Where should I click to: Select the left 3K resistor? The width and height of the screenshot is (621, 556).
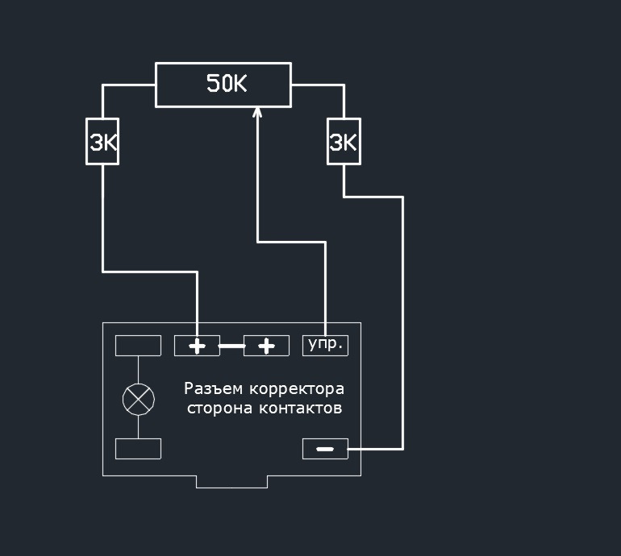coord(102,142)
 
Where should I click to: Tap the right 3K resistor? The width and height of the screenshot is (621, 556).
coord(344,142)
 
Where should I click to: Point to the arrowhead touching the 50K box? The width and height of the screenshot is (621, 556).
coord(257,114)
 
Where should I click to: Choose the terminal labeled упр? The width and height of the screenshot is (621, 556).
coord(325,345)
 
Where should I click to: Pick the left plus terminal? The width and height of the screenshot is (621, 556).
coord(197,346)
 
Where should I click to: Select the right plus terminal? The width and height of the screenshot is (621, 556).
coord(266,346)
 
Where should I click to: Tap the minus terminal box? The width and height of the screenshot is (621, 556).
coord(325,449)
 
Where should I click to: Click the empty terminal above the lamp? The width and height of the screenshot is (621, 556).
coord(138,345)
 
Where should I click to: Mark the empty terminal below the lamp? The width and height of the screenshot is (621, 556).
coord(138,449)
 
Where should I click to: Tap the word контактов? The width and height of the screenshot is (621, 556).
coord(301,409)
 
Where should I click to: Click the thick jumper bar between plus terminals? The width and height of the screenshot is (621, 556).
coord(231,346)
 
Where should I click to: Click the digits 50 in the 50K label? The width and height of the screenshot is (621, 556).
coord(217,84)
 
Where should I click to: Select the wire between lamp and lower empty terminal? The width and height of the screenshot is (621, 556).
coord(138,425)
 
